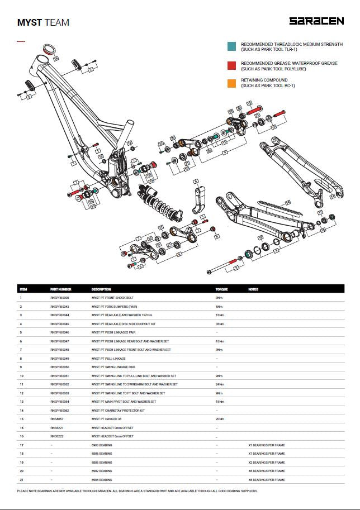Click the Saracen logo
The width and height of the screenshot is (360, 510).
click(316, 21)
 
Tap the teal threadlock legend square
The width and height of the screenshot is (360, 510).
click(231, 47)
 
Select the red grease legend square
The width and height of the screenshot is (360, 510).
click(231, 66)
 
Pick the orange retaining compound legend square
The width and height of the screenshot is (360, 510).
click(231, 83)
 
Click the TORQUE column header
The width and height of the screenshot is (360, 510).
click(222, 289)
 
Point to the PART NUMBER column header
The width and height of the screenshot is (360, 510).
click(60, 289)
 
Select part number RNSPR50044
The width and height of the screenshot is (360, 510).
click(60, 315)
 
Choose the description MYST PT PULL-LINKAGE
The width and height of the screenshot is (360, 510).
click(108, 358)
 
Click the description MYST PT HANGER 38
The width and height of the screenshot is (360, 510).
click(107, 418)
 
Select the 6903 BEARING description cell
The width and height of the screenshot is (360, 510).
click(102, 445)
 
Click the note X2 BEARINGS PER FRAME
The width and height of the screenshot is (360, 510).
click(266, 463)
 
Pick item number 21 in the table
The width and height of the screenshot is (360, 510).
click(21, 480)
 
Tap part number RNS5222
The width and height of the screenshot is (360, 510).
click(56, 436)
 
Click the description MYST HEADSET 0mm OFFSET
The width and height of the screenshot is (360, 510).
click(111, 427)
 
